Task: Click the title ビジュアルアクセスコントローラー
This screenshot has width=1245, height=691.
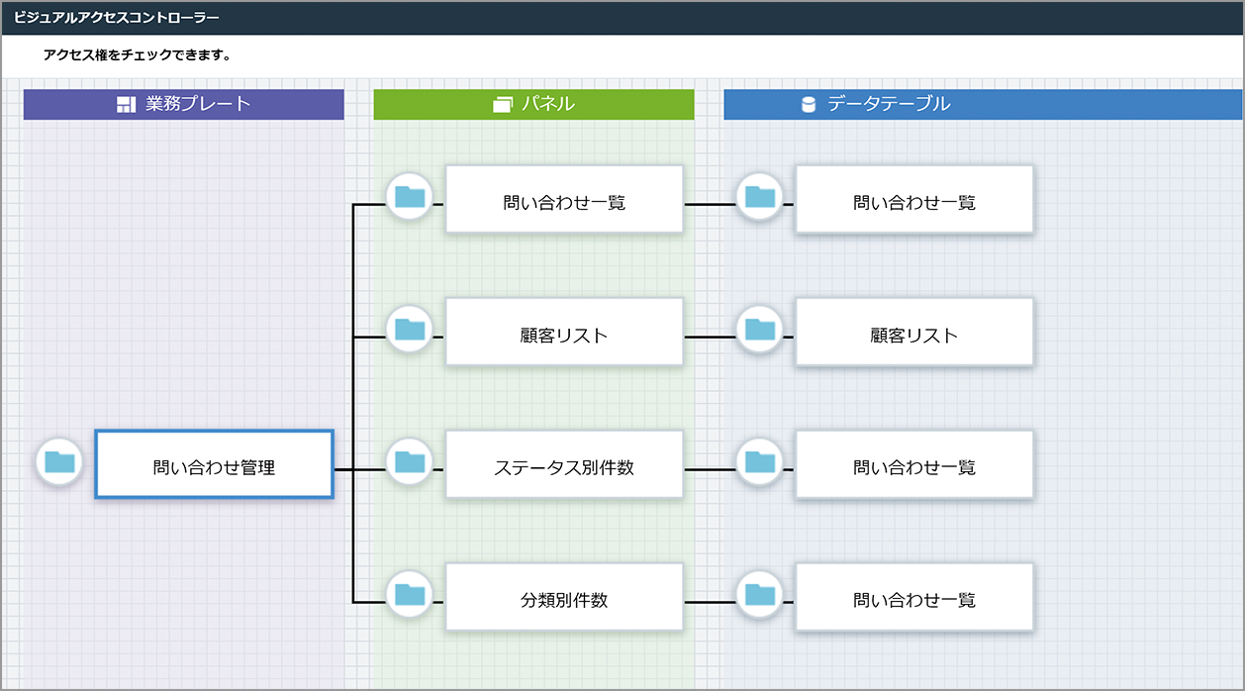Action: pos(117,18)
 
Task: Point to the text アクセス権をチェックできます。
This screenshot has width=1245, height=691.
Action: pos(137,55)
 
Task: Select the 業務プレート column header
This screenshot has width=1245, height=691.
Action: pos(184,104)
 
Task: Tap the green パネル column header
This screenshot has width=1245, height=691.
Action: pos(533,104)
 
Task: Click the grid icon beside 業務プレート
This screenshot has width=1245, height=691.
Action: pos(126,105)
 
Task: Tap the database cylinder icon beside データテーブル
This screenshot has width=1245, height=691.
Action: pos(809,105)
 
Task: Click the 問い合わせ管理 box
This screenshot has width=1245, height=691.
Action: pos(214,464)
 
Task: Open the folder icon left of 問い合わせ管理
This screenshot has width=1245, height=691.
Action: pos(59,461)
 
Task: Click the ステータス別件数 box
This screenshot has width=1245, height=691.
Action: pos(564,464)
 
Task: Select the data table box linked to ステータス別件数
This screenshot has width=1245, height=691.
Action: pos(914,464)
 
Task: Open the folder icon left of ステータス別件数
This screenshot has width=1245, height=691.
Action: pos(410,461)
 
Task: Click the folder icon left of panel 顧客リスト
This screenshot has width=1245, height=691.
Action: pos(410,329)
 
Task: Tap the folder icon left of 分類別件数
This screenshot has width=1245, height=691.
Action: pos(410,594)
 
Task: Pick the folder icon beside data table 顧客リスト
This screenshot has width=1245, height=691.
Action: pos(760,329)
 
